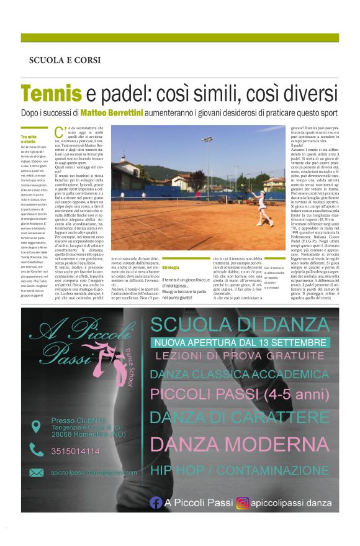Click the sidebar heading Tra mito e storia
[30, 139]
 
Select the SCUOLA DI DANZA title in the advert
[242, 324]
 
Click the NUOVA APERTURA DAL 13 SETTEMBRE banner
[242, 342]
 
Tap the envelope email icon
[37, 473]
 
